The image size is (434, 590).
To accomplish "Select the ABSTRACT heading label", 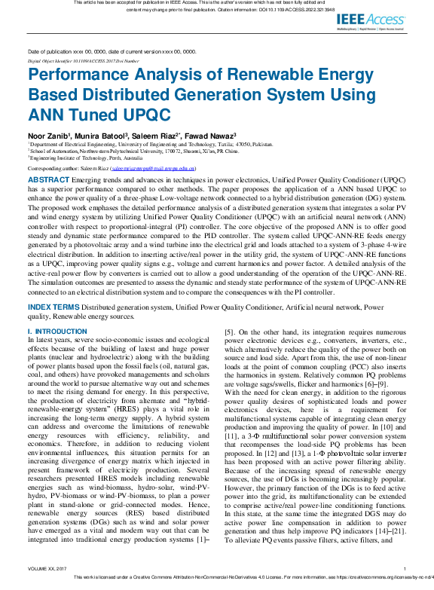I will pyautogui.click(x=50, y=181).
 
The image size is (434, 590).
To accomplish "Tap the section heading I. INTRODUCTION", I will pyautogui.click(x=57, y=332).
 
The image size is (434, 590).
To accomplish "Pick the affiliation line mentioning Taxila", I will pyautogui.click(x=151, y=143).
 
